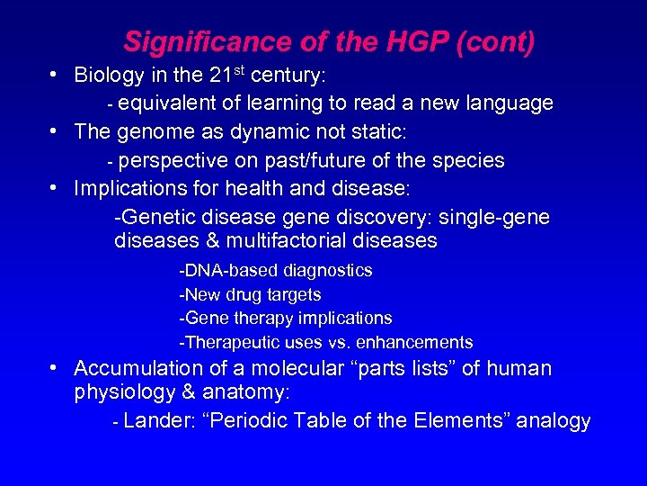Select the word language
[x=510, y=103]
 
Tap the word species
[x=470, y=161]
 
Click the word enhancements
[x=414, y=342]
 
